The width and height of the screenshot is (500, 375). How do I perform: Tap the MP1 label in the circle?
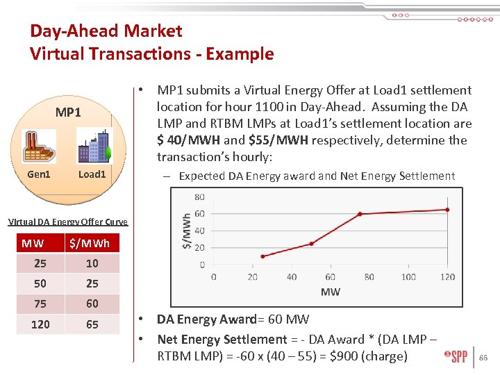click(68, 112)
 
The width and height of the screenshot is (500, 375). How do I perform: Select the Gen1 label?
click(38, 174)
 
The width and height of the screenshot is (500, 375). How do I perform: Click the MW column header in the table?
click(32, 243)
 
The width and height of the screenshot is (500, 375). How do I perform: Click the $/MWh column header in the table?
click(90, 243)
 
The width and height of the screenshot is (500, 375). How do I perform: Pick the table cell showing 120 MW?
click(40, 324)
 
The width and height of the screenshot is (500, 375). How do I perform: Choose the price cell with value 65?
click(92, 324)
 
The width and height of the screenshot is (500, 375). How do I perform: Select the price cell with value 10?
click(92, 263)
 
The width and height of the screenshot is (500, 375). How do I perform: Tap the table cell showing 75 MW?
click(40, 303)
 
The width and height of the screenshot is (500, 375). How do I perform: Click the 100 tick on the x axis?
click(408, 276)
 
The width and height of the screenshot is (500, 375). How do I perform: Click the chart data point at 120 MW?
click(447, 209)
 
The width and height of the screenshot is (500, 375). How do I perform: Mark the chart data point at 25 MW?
click(262, 256)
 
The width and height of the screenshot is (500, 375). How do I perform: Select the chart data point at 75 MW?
click(360, 214)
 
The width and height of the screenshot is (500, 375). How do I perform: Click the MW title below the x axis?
click(331, 292)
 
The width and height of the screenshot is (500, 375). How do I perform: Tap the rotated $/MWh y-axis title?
click(186, 231)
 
